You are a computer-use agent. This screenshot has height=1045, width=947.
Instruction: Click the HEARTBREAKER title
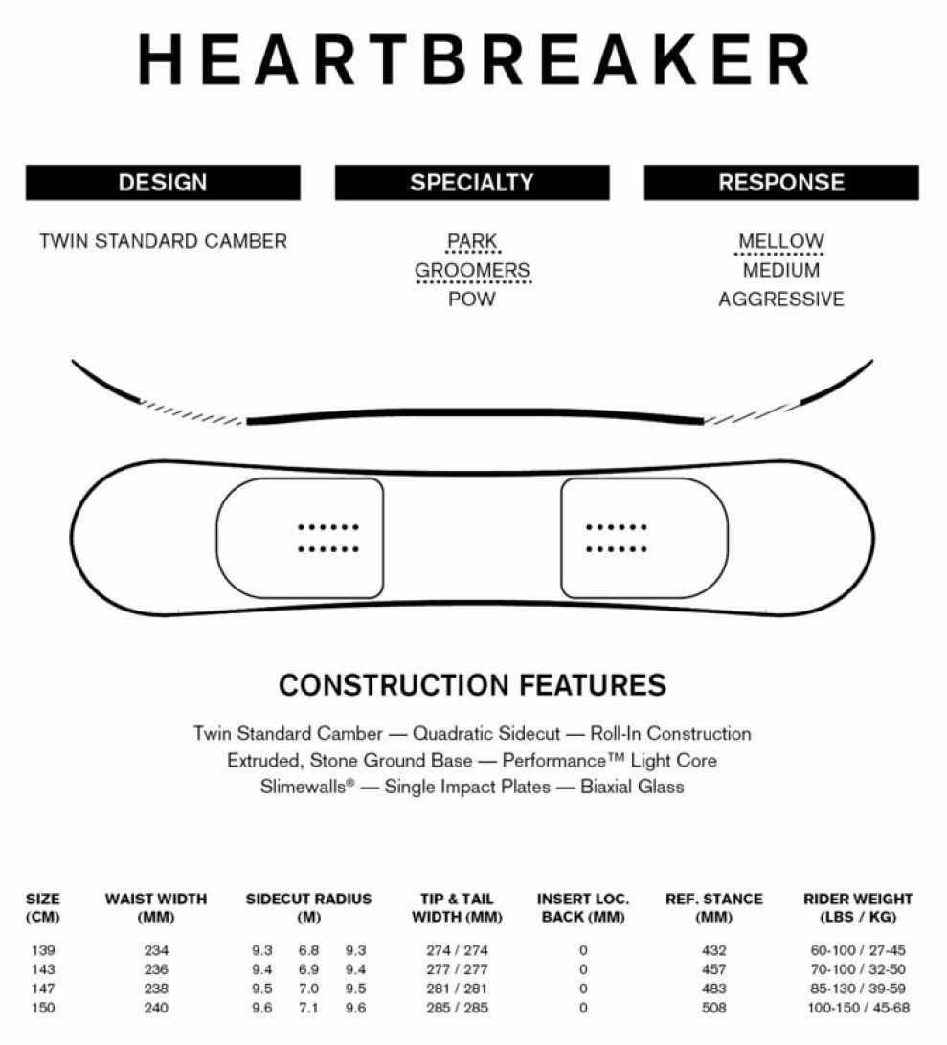coord(473,59)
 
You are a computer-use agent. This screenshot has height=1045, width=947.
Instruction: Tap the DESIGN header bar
coord(163,182)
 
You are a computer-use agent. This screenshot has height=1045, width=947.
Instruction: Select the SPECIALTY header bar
coord(472,182)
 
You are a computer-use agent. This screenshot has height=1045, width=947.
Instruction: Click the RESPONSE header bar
coord(781,182)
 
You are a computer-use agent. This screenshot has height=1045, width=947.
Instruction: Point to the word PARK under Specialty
coord(472,240)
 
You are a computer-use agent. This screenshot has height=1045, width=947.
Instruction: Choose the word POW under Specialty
coord(472,300)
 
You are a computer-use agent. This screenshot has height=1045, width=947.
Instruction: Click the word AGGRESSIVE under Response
coord(781,300)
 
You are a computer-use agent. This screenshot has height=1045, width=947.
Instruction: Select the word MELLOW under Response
coord(781,240)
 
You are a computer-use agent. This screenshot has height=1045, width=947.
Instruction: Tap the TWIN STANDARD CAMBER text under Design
coord(164,240)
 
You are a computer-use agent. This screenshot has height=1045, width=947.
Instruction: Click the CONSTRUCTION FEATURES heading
coord(472,685)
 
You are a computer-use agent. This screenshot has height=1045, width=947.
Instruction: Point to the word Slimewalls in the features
coord(304,787)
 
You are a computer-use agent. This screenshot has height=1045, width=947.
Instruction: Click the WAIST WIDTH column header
coord(156,908)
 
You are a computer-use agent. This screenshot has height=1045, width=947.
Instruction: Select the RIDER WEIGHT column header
coord(858,908)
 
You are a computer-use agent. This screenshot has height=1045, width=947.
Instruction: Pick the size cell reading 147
coord(43,989)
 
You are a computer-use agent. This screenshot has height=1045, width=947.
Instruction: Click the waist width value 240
coord(156,1008)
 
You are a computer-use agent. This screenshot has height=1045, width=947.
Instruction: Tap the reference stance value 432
coord(713,950)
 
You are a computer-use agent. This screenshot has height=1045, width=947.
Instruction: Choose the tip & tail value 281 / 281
coord(457,989)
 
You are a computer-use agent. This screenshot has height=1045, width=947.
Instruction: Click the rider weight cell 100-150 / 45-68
coord(858,1008)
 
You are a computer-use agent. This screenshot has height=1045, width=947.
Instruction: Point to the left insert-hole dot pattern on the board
coord(328,538)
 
